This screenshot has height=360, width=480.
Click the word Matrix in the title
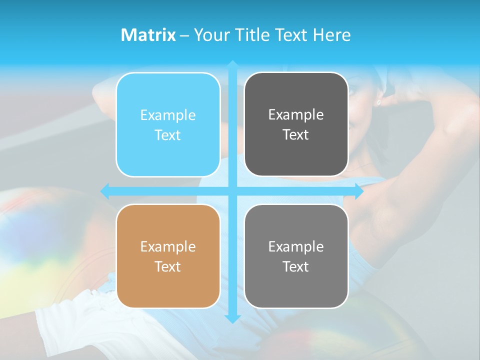pyautogui.click(x=148, y=35)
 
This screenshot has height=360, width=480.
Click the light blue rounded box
pyautogui.click(x=168, y=125)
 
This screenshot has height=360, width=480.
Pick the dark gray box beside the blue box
pyautogui.click(x=296, y=124)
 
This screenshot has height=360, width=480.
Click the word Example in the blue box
pyautogui.click(x=168, y=115)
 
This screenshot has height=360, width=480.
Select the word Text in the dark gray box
pyautogui.click(x=296, y=135)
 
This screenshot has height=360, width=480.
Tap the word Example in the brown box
pyautogui.click(x=168, y=246)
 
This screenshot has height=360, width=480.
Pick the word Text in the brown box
pyautogui.click(x=168, y=266)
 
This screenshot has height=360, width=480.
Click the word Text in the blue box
pyautogui.click(x=168, y=135)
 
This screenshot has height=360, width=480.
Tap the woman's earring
pyautogui.click(x=378, y=102)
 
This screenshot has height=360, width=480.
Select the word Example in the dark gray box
pyautogui.click(x=296, y=115)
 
